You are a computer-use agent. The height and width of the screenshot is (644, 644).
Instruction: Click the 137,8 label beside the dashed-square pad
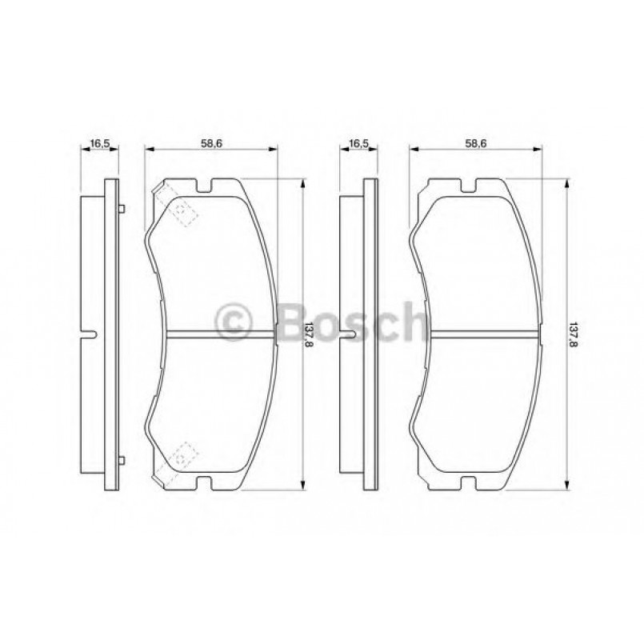(x=308, y=333)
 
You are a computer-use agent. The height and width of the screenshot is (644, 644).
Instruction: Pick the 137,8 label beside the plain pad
(x=572, y=333)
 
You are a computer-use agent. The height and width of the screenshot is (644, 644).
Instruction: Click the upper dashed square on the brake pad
(x=183, y=212)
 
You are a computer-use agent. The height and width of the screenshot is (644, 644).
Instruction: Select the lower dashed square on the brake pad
(x=183, y=455)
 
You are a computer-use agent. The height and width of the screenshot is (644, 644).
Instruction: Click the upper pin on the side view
(x=121, y=210)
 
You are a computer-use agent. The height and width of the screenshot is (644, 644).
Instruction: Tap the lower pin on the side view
(x=121, y=459)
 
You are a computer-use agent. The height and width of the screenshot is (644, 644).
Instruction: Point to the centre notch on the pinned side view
(x=91, y=334)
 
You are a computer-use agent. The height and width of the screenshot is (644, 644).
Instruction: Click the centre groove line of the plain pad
(x=480, y=334)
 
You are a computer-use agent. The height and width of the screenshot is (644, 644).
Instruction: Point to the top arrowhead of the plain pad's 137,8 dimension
(x=565, y=182)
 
